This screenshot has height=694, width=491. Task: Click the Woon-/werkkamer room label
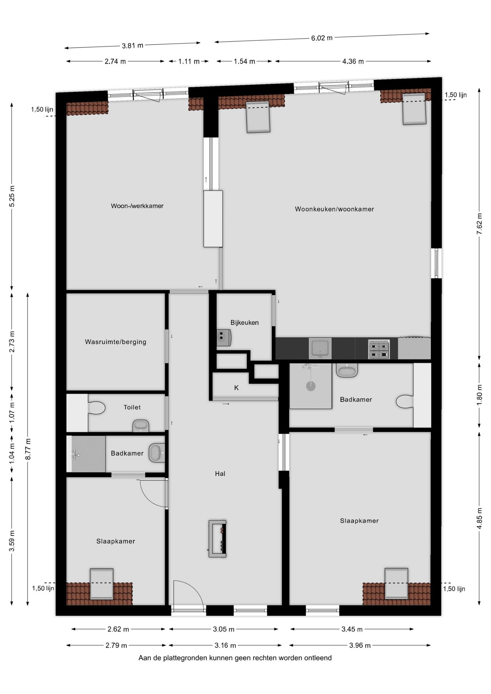pos(137,206)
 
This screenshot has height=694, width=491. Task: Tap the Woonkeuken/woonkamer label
pos(334,209)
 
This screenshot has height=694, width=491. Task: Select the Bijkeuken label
pos(244,322)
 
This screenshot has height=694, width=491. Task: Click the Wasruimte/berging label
pos(115,342)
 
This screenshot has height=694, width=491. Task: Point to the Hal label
pos(220,474)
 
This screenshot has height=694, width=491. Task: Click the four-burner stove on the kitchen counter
pos(379,349)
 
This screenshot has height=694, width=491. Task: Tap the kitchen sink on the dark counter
pos(320,348)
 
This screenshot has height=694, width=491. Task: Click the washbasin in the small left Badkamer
pos(157,453)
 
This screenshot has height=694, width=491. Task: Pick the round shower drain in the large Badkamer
pos(311,386)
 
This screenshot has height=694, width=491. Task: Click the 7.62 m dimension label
pos(479,224)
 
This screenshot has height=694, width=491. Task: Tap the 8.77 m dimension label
pos(28,449)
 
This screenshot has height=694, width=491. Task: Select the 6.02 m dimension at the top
pos(321,38)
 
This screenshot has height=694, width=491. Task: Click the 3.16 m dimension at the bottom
pos(225,645)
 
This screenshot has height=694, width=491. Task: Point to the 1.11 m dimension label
pos(189,61)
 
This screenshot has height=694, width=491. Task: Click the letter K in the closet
pos(236,388)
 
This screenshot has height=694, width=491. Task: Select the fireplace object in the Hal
pos(217,539)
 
